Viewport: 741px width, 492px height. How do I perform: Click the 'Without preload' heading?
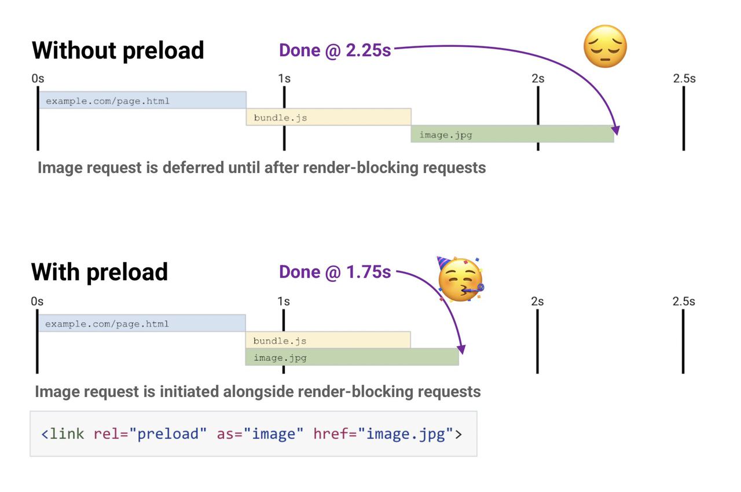coord(118,51)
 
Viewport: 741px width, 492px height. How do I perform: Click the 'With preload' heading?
coord(100,273)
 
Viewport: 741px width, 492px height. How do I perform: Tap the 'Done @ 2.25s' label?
coord(335,50)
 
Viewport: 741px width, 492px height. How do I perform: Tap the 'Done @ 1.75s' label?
coord(335,272)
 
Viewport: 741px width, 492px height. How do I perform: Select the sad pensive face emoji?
coord(605,46)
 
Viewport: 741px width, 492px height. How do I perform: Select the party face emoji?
coord(460,279)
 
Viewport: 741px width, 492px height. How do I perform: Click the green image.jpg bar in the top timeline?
coord(512,134)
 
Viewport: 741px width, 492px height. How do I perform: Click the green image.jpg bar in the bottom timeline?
coord(352,357)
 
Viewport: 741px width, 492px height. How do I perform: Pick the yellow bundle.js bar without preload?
coord(328,117)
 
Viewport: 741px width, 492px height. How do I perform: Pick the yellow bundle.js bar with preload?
coord(328,340)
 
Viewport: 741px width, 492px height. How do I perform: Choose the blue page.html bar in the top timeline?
coord(142,100)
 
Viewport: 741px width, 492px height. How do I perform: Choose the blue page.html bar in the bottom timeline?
coord(142,323)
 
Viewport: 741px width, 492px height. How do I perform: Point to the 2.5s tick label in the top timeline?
coord(684,79)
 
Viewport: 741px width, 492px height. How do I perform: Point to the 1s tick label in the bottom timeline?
coord(284,302)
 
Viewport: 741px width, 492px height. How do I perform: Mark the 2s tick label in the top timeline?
coord(538,79)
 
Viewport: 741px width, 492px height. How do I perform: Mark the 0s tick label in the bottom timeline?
coord(37,302)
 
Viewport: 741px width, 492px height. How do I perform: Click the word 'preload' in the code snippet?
coord(168,434)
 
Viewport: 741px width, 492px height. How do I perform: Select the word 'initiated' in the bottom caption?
coord(189,392)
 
